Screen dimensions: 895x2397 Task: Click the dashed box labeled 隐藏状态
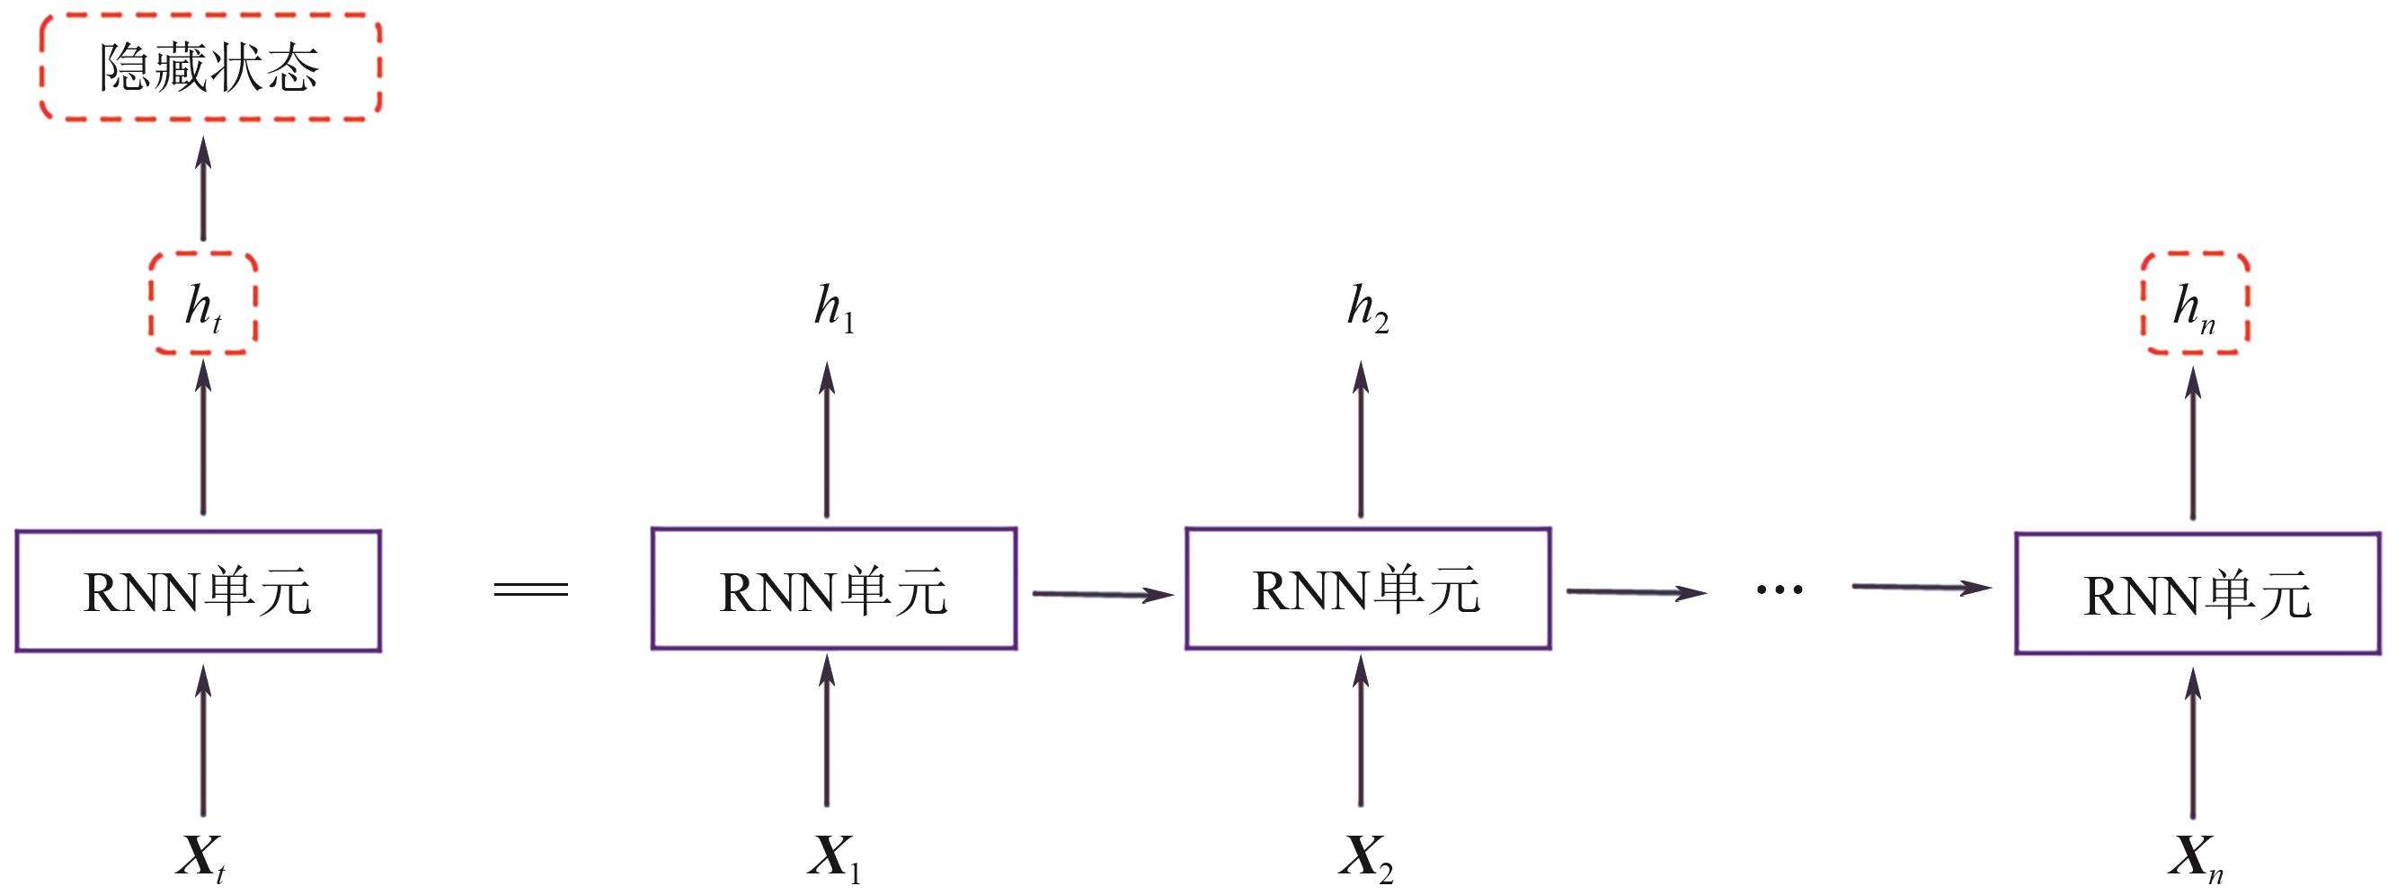point(209,67)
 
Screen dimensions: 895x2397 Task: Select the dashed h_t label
point(203,305)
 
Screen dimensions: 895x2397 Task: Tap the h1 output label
point(833,307)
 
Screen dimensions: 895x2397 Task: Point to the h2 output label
point(1367,307)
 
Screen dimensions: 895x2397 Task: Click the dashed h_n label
point(2195,305)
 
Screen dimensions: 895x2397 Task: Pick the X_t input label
point(201,857)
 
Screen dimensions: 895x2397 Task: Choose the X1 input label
point(833,857)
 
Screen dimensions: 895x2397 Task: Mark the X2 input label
point(1365,857)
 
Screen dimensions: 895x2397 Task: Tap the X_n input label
point(2195,857)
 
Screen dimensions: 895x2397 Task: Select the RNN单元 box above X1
point(834,589)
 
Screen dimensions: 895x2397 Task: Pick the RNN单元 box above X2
point(1367,589)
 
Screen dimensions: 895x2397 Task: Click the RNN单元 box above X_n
point(2197,594)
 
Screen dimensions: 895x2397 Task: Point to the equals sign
point(530,589)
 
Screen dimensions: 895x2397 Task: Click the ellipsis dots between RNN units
point(1780,589)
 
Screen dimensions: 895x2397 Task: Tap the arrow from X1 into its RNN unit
point(826,731)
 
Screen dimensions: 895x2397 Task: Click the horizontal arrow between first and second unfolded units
point(1103,594)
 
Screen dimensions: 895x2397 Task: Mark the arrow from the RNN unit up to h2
point(1361,439)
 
